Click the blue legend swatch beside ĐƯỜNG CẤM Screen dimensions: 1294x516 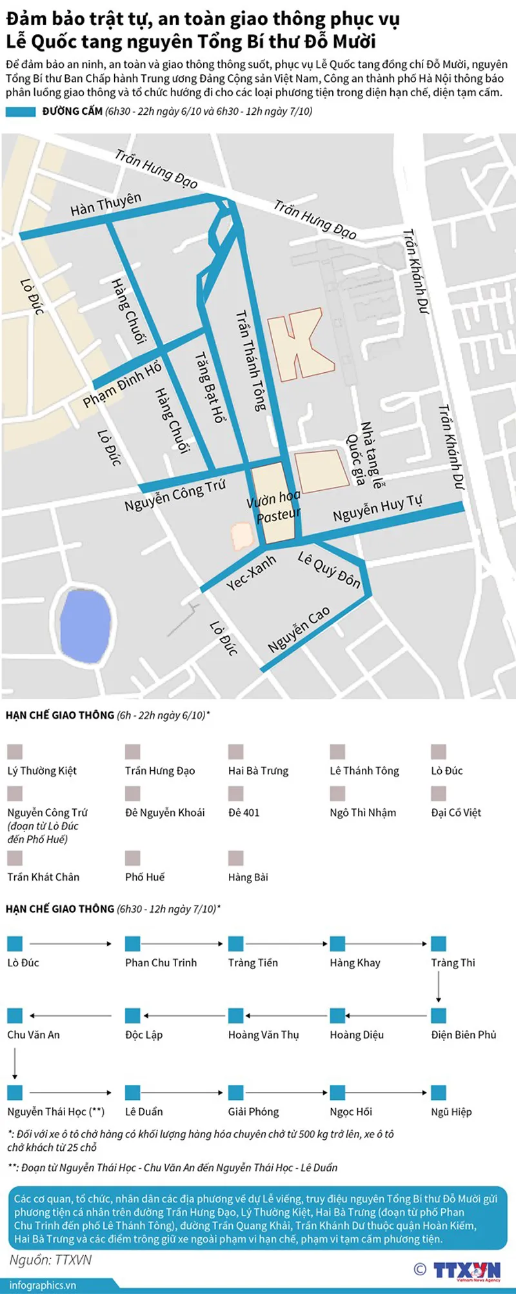(21, 112)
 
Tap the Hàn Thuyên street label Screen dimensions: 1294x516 (106, 204)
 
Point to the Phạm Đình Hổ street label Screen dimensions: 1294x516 (122, 385)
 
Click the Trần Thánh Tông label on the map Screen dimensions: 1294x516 (250, 361)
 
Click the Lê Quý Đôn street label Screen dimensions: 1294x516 (329, 570)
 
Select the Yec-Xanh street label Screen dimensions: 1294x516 (251, 572)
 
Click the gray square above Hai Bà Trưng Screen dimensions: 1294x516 (236, 752)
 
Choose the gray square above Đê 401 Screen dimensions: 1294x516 (236, 793)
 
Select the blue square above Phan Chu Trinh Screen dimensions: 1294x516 (133, 944)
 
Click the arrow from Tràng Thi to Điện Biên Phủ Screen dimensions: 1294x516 (439, 985)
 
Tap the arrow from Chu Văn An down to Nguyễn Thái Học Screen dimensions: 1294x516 (15, 1062)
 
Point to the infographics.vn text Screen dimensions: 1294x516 (43, 1285)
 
